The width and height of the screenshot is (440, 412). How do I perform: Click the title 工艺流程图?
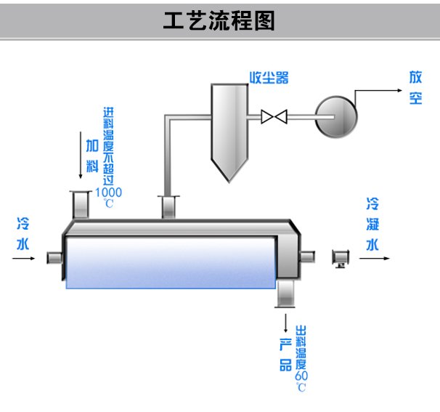coord(219,20)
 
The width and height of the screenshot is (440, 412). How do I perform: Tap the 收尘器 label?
coord(269,78)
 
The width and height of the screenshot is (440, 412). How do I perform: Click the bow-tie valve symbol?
coord(274,116)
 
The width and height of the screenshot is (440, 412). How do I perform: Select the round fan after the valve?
coord(336,117)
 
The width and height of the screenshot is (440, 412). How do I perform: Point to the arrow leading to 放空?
coord(364,91)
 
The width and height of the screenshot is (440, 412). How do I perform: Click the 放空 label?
coord(415,88)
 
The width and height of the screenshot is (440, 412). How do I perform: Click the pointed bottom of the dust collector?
coord(229,181)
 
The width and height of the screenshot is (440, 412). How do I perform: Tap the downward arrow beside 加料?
coord(81,155)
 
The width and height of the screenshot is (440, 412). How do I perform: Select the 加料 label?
coord(92,156)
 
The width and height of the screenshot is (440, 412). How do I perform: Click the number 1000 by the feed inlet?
coord(109,193)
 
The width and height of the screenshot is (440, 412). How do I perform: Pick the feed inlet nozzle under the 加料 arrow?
coord(81,204)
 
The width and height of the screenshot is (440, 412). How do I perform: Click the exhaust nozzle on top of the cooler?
coord(168,206)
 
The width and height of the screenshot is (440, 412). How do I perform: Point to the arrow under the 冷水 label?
coord(23,259)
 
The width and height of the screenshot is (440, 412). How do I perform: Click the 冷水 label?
coord(23,234)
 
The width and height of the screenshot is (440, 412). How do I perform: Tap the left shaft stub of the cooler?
coord(54,258)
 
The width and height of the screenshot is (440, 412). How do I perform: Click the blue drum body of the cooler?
coord(171,263)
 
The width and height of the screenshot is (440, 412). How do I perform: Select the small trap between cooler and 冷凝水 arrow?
coord(341,259)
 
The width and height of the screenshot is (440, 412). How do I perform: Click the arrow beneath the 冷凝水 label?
coord(375,259)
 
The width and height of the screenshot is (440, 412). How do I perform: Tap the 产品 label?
coord(285,355)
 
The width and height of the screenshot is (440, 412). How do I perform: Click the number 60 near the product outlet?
coord(301,376)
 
